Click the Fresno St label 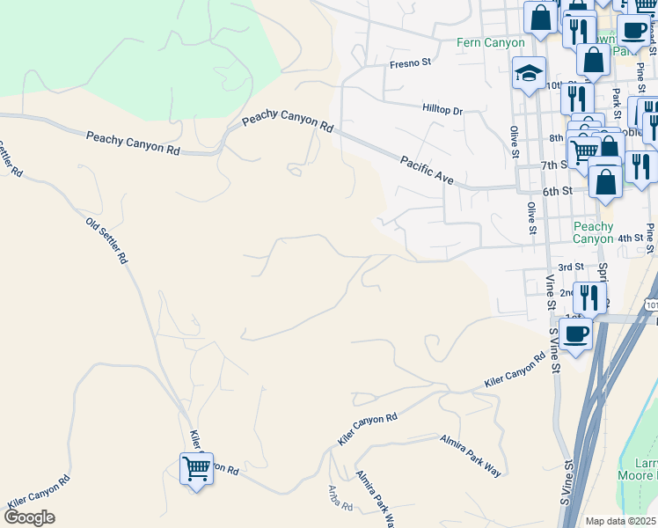click(x=411, y=63)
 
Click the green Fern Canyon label click(x=491, y=42)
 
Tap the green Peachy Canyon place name click(x=593, y=232)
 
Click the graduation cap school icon click(x=530, y=73)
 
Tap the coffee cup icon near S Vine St click(x=576, y=334)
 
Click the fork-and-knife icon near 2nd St click(x=590, y=296)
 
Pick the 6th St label click(x=558, y=190)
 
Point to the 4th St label click(x=631, y=238)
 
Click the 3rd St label click(x=571, y=267)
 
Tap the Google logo click(x=29, y=517)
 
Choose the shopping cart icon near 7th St click(x=584, y=151)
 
